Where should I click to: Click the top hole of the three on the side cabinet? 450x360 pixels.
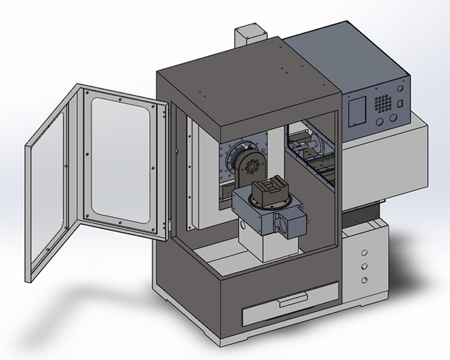(364, 252)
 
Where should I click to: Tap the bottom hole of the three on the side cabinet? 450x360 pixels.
(364, 280)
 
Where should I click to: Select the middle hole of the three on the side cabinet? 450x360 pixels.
(364, 266)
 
